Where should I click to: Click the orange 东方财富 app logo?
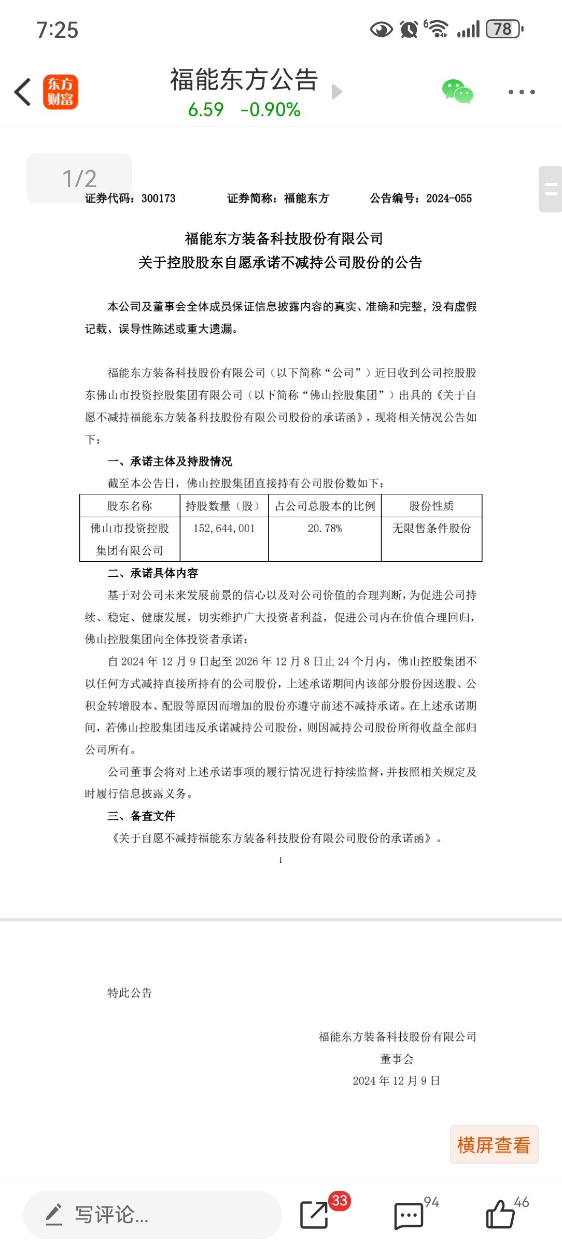tap(61, 92)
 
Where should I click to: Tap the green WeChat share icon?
tap(457, 92)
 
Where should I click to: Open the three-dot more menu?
tap(521, 92)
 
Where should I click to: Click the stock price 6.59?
tap(206, 110)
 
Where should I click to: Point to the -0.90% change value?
tap(271, 110)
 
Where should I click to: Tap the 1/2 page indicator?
tap(79, 178)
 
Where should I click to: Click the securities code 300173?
tap(159, 198)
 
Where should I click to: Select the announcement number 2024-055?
tap(449, 198)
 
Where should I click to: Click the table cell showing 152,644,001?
tap(224, 529)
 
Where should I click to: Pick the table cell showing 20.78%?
tap(325, 529)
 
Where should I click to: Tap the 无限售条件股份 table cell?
tap(431, 529)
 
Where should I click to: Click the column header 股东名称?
tap(130, 506)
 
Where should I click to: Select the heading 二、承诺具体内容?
tap(153, 573)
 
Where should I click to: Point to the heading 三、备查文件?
tap(142, 816)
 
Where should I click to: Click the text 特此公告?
tap(130, 993)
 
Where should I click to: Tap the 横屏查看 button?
tap(494, 1145)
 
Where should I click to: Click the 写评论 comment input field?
tap(152, 1215)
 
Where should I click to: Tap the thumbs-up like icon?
tap(500, 1214)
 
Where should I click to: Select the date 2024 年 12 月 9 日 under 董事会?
tap(397, 1081)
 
